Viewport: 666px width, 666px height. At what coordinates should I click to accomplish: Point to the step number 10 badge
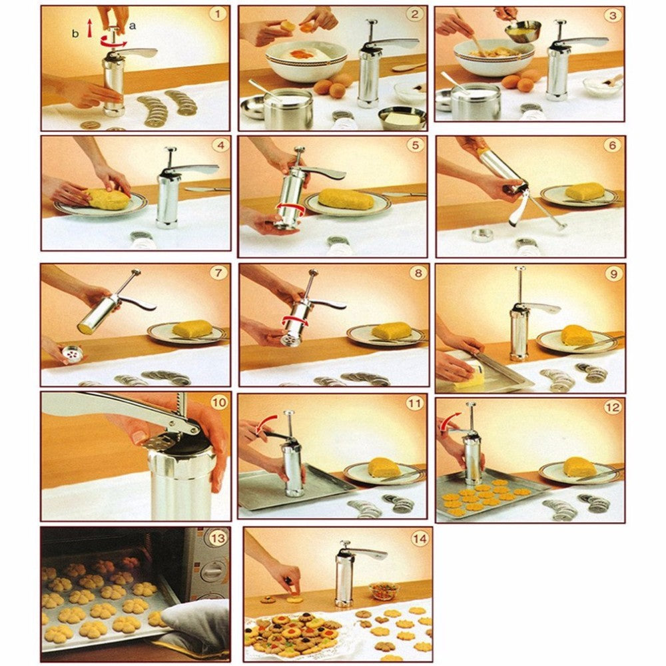coord(218,402)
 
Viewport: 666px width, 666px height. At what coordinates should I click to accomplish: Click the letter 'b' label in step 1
coord(76,32)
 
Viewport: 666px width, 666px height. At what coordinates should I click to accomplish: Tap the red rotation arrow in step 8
coord(295,322)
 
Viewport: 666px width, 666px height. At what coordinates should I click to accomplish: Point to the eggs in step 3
coord(520,81)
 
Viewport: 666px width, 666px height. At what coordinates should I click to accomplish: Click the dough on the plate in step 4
coord(106,198)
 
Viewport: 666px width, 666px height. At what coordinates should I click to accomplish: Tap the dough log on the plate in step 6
coord(584,192)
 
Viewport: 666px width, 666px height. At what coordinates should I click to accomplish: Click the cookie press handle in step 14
coord(370,553)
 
